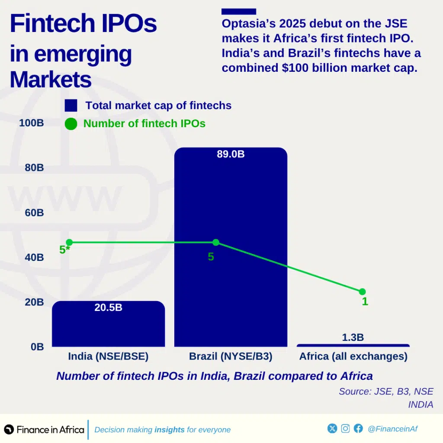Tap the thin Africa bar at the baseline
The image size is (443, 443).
(x=353, y=345)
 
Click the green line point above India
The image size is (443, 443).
(x=69, y=242)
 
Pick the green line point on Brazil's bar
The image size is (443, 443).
(x=216, y=242)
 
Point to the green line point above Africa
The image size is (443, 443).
(x=362, y=292)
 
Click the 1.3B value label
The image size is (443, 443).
(x=353, y=337)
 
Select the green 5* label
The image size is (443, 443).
(x=64, y=250)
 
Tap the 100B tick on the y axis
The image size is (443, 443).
(x=32, y=123)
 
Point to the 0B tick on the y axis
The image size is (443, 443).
(x=37, y=347)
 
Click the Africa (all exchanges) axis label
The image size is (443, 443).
(x=353, y=356)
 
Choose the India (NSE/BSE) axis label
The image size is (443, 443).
(x=108, y=356)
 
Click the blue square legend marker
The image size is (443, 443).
(x=71, y=106)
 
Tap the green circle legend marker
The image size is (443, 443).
(x=71, y=124)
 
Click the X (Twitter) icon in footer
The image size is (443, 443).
(x=332, y=428)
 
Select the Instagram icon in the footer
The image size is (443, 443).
(x=345, y=428)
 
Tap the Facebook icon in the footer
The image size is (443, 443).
(x=358, y=428)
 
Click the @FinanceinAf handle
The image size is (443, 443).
(x=392, y=429)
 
